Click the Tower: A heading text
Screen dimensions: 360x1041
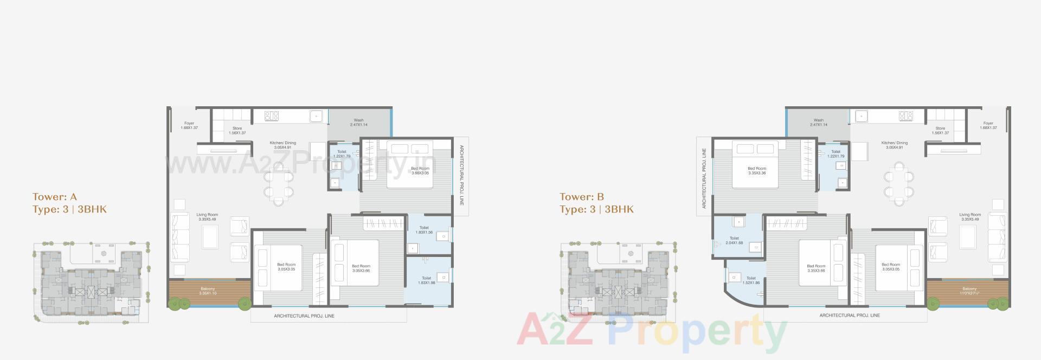pyautogui.click(x=54, y=197)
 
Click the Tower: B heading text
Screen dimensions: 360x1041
pyautogui.click(x=582, y=197)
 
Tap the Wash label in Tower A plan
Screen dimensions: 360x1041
pyautogui.click(x=358, y=123)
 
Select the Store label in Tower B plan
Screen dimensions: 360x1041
pyautogui.click(x=940, y=131)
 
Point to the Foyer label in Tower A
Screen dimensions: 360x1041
pyautogui.click(x=189, y=125)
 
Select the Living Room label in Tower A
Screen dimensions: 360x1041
pyautogui.click(x=207, y=217)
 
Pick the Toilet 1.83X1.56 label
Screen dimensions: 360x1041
pyautogui.click(x=424, y=230)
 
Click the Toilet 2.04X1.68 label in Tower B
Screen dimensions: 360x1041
pyautogui.click(x=734, y=240)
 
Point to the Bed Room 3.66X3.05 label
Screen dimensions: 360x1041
pyautogui.click(x=420, y=170)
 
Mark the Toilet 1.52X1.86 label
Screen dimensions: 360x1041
pyautogui.click(x=751, y=280)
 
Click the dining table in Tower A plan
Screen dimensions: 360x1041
pyautogui.click(x=279, y=184)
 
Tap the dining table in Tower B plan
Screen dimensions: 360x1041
pyautogui.click(x=898, y=184)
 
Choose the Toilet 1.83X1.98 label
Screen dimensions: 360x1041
pyautogui.click(x=426, y=280)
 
